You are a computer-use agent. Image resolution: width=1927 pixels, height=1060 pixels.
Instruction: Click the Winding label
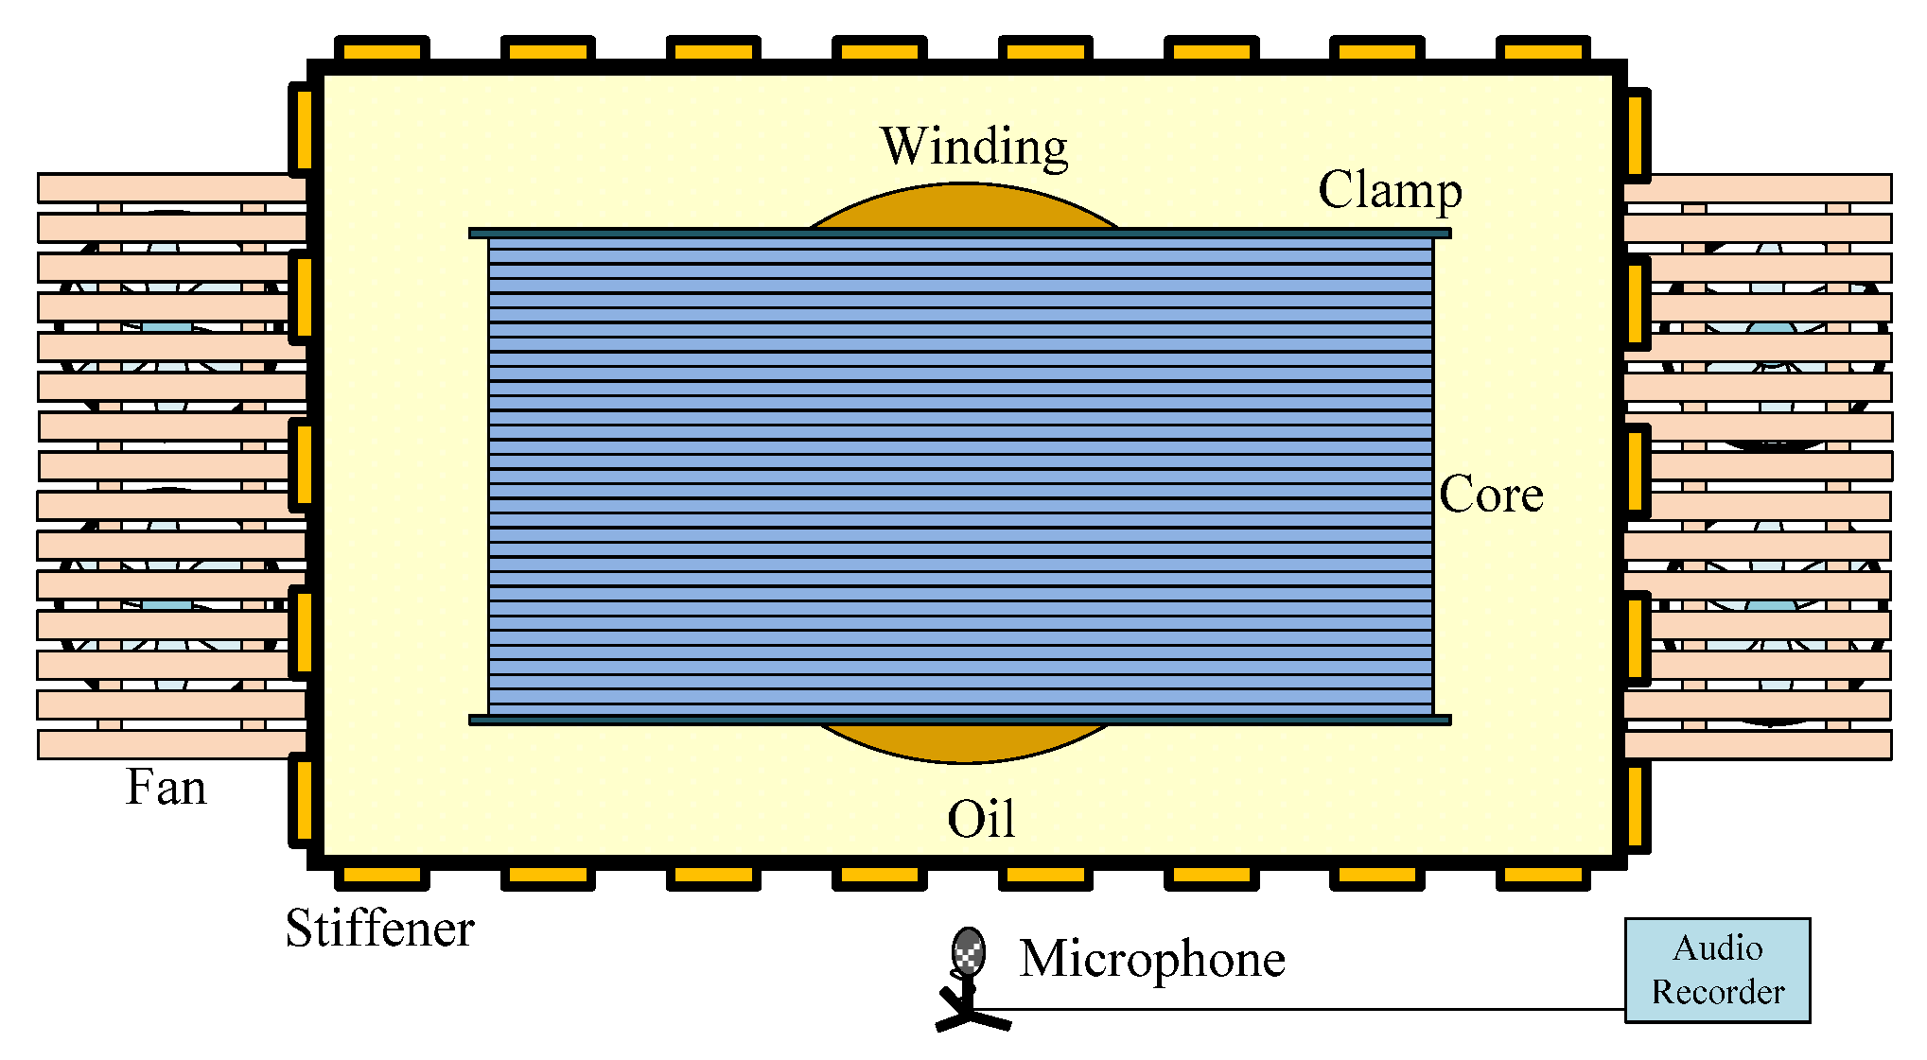coord(974,148)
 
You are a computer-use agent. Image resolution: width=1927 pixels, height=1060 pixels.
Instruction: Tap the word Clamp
coord(1390,191)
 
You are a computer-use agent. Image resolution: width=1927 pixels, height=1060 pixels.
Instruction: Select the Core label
coord(1491,495)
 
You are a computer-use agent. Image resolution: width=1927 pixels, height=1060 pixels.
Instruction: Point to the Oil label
coord(981,819)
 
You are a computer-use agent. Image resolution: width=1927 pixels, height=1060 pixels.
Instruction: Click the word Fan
coord(166,788)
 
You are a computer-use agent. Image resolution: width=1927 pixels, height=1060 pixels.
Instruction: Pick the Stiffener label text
coord(379,929)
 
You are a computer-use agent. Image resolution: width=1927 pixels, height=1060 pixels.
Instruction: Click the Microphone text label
coord(1152,959)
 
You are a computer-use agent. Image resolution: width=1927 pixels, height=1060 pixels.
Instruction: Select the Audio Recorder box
coord(1717,970)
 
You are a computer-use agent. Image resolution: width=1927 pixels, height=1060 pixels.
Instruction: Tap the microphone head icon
coord(968,950)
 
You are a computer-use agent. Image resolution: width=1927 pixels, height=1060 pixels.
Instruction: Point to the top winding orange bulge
coord(963,206)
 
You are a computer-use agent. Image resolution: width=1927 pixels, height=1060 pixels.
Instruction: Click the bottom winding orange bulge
coord(963,743)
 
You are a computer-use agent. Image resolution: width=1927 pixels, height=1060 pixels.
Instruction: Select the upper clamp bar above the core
coord(959,234)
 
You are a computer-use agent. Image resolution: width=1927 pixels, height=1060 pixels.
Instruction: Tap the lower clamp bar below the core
coord(959,721)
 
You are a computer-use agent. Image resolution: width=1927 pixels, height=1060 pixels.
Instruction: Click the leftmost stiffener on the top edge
coord(382,49)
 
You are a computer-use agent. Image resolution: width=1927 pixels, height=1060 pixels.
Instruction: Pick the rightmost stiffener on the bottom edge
coord(1543,878)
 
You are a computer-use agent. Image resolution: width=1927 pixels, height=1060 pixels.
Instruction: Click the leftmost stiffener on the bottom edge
coord(382,878)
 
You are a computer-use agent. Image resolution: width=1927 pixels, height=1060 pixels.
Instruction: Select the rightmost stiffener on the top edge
coord(1543,49)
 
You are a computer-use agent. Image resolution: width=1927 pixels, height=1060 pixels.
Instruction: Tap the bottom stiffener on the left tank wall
coord(302,800)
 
